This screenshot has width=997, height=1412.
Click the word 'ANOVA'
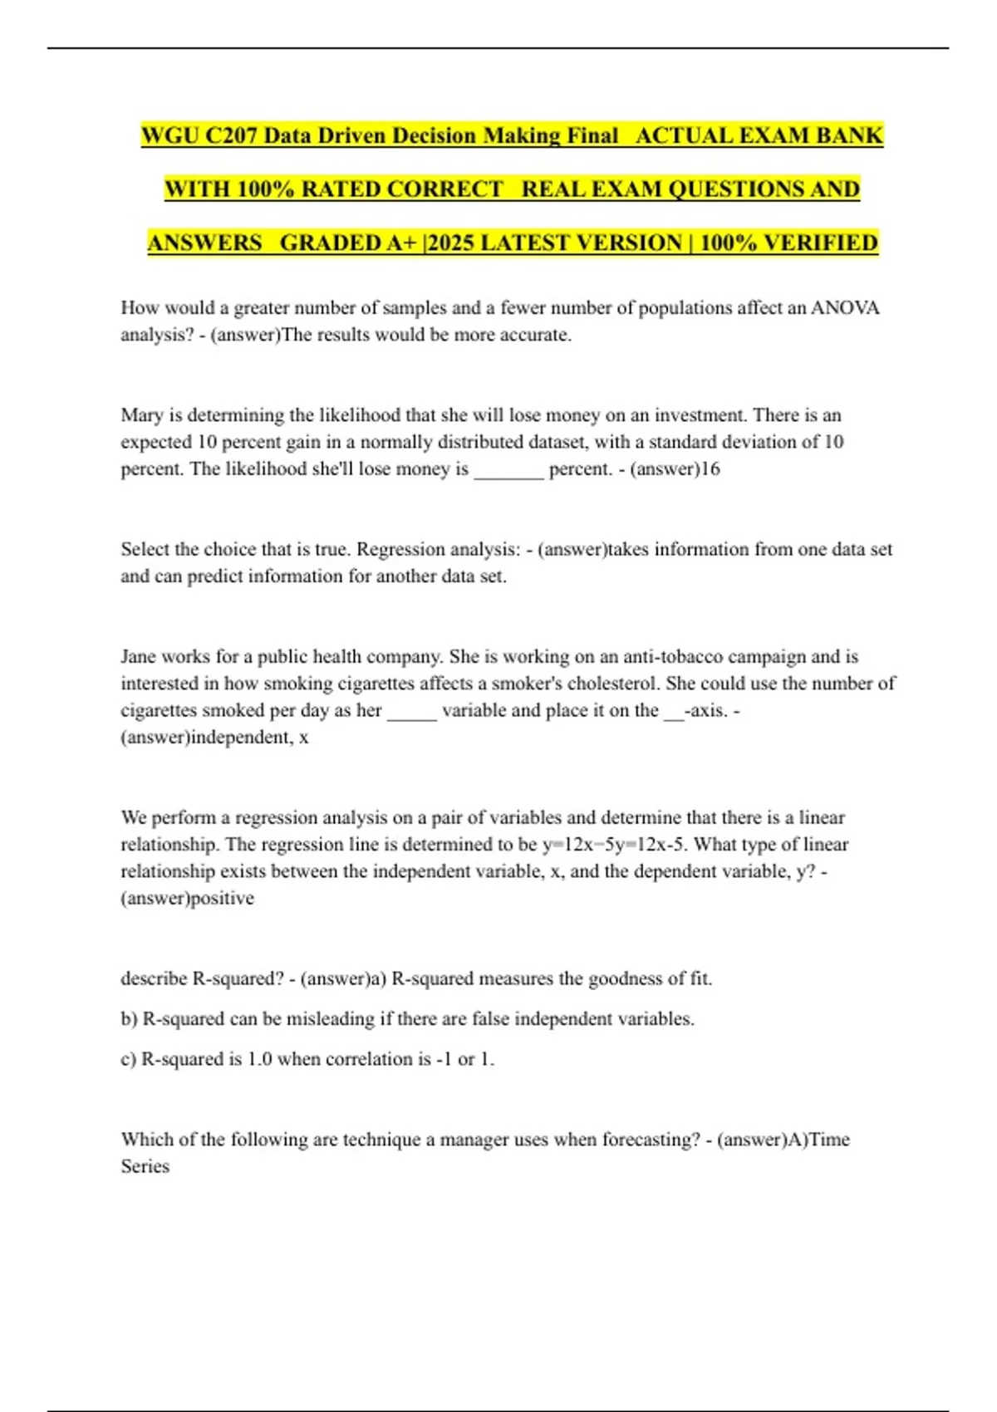tap(845, 308)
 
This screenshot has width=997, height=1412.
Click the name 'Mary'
tap(142, 415)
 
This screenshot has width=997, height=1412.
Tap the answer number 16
tap(710, 469)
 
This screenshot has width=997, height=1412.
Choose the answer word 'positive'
tap(222, 899)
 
